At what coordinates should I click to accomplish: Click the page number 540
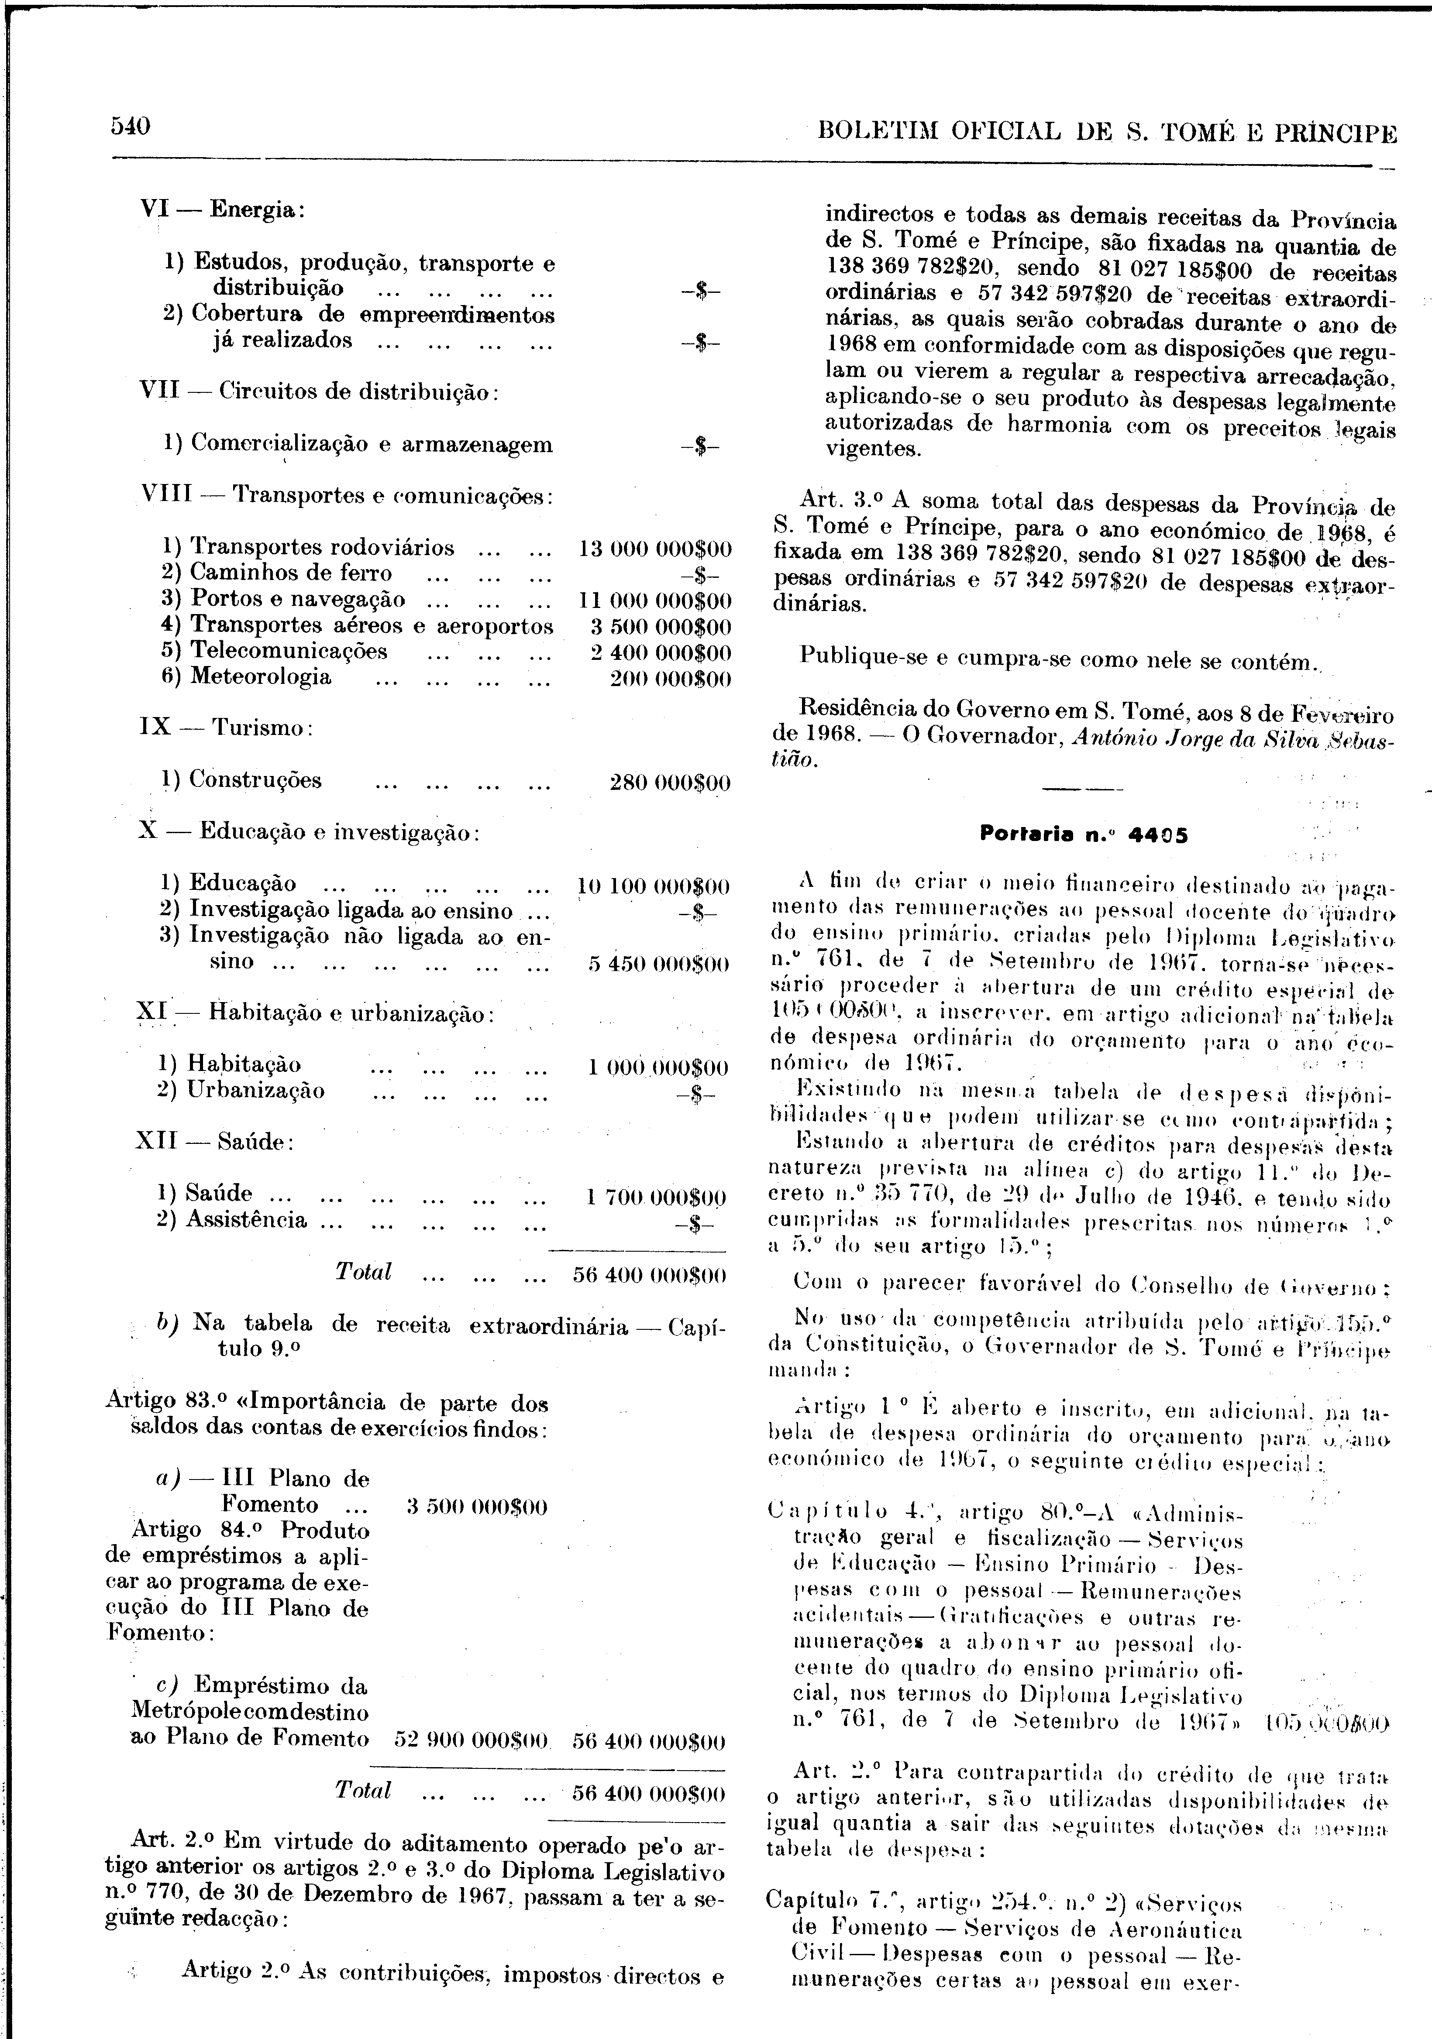point(130,126)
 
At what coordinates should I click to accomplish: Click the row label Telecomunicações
point(289,651)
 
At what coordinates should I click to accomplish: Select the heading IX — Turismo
point(227,728)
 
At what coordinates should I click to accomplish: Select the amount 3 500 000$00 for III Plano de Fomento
point(476,1507)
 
